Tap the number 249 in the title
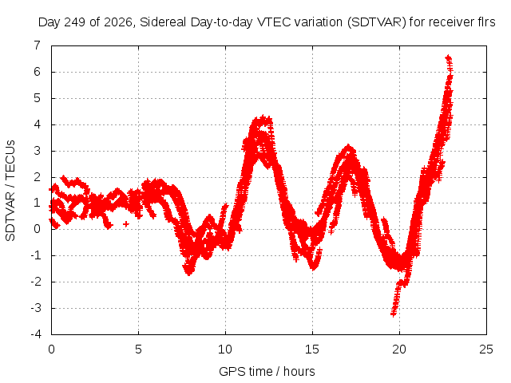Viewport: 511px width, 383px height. coord(75,22)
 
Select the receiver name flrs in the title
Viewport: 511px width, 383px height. coord(485,22)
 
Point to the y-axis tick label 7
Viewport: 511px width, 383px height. coord(38,45)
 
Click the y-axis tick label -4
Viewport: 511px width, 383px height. coord(36,334)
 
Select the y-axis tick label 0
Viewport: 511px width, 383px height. coord(38,229)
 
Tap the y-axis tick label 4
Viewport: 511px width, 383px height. coord(38,124)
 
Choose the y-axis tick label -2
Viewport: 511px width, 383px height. coord(36,282)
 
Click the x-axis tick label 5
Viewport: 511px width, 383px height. coord(138,349)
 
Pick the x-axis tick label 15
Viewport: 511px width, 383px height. coord(312,349)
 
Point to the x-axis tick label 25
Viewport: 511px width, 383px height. coord(486,349)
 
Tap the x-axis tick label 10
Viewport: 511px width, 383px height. coord(225,349)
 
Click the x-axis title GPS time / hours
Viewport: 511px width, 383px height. coord(267,371)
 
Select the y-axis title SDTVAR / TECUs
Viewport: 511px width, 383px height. coord(10,191)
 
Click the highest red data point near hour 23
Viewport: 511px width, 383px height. coord(449,57)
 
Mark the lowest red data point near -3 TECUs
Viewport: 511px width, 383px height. coord(394,314)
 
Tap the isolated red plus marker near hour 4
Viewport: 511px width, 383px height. coord(126,223)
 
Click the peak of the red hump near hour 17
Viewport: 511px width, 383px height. coord(349,147)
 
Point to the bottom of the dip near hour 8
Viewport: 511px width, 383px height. coord(189,273)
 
